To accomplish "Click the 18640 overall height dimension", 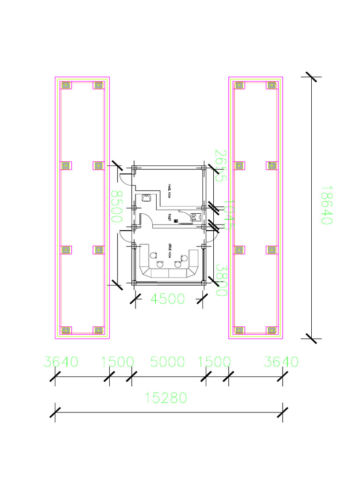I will tap(326, 204).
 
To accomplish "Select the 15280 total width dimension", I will tap(166, 398).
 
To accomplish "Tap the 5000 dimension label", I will tap(167, 362).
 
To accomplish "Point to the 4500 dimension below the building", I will tap(168, 299).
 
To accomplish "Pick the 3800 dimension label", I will tap(221, 279).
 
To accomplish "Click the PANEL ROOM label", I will tap(169, 191).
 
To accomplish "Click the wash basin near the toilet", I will tap(146, 198).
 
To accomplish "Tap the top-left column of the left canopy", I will tap(66, 85).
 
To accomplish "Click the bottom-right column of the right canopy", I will tap(271, 330).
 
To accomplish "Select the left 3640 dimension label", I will tap(61, 362).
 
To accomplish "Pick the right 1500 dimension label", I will tap(215, 362).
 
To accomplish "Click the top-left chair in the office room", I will tap(153, 255).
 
